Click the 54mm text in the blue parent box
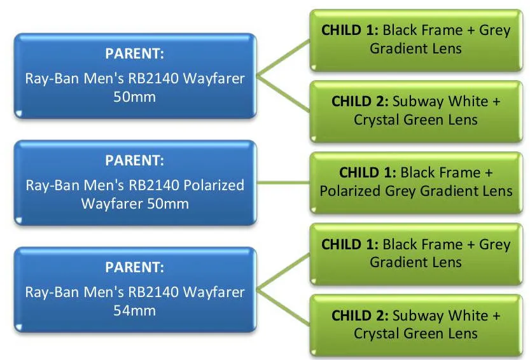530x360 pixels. tap(134, 310)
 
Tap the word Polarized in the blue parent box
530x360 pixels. tap(214, 185)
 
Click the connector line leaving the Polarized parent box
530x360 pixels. tap(283, 183)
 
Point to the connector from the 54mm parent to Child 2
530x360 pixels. tap(283, 307)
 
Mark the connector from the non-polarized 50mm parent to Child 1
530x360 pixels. tap(283, 57)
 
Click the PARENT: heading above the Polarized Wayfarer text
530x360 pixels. tap(134, 160)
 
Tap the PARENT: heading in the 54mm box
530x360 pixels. tap(134, 267)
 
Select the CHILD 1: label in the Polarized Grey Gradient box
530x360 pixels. tap(368, 173)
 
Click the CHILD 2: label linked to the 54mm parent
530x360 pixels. tap(360, 315)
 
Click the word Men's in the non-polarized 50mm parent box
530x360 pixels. tap(104, 78)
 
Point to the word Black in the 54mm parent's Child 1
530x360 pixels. tap(400, 244)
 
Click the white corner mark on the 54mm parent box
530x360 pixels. tap(18, 326)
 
